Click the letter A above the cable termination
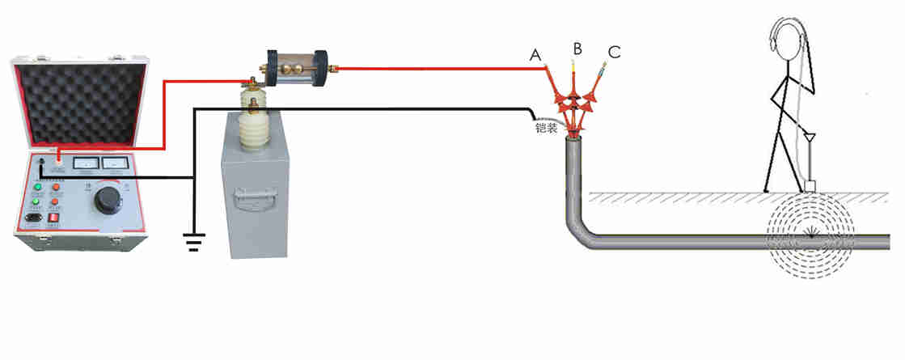click(x=535, y=55)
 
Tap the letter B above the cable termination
click(x=577, y=49)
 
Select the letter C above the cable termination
click(x=615, y=53)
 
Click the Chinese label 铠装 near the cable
click(x=545, y=127)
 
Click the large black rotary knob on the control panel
click(x=107, y=198)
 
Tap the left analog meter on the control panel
click(x=84, y=163)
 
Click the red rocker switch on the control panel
click(x=55, y=217)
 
